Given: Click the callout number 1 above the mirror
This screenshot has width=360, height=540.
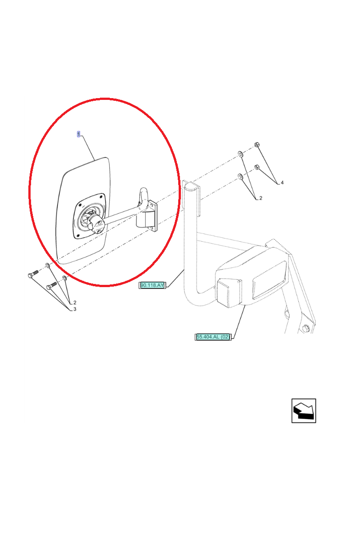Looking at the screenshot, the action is pos(78,134).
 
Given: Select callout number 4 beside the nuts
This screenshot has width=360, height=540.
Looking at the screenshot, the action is pos(282,183).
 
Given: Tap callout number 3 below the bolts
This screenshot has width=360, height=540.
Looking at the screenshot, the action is pos(75,309).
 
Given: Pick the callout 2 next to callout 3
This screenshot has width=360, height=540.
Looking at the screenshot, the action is pos(75,302).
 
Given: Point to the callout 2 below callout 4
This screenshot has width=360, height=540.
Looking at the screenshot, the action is pos(261,198).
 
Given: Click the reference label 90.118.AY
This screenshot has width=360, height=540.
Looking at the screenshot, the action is pos(152,285).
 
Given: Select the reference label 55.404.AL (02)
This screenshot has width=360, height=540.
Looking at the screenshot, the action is pos(213,337).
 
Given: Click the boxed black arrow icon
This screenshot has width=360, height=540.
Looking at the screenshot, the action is pos(304,410).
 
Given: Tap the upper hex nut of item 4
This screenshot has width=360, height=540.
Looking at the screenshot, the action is pos(257,145).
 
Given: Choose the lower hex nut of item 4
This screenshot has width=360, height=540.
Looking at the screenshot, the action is pos(257,167).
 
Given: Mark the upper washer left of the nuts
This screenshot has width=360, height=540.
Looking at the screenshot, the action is pos(240,154).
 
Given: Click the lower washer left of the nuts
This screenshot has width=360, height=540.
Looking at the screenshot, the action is pos(240,176).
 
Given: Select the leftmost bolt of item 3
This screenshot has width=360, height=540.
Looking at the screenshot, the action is pos(33,274).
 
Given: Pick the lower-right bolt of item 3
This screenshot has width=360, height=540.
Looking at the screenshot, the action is pos(52,285).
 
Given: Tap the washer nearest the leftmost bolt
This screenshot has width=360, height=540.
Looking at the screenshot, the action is pos(48,265).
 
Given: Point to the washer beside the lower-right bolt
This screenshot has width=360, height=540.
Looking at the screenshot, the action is pos(64,279).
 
